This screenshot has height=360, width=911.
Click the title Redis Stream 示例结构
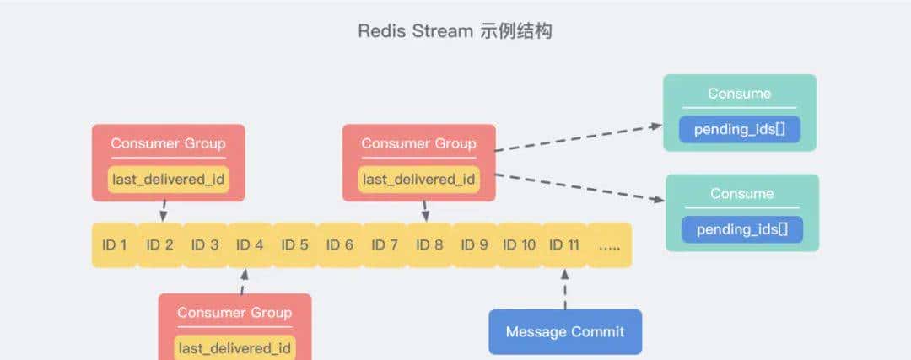[455, 31]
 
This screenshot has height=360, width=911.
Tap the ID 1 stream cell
[114, 245]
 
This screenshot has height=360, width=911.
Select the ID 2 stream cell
[159, 245]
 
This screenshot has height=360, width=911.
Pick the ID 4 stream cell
[250, 245]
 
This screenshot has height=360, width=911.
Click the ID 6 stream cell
[339, 245]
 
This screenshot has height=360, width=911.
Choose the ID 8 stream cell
[429, 245]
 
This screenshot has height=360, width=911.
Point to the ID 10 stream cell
[520, 245]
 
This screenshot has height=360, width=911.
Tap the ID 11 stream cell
[564, 245]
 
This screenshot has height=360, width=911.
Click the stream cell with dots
[609, 245]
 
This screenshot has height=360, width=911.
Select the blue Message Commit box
[565, 331]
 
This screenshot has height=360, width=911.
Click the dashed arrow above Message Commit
[565, 289]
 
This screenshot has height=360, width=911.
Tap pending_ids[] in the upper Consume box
[740, 130]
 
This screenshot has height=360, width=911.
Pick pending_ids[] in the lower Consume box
[742, 229]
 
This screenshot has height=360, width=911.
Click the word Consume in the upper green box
[740, 94]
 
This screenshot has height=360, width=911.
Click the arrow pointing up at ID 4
[244, 282]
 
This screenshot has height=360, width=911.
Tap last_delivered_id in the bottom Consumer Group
[235, 347]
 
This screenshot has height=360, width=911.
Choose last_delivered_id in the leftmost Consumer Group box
[169, 180]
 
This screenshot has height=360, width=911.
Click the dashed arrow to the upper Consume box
[579, 138]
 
